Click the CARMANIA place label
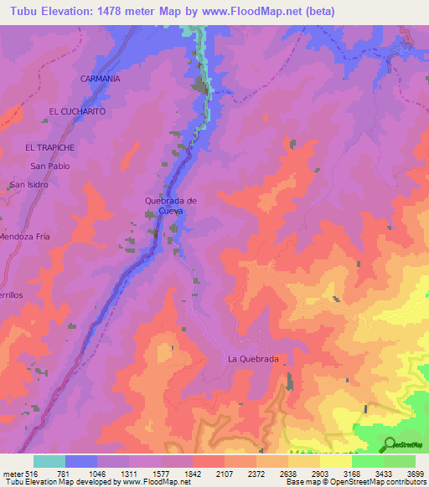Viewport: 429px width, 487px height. [101, 78]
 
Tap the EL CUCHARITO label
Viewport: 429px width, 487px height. [77, 110]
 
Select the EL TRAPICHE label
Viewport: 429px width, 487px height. [49, 147]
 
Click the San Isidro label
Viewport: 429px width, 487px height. [28, 184]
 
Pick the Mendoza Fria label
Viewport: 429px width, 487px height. [25, 237]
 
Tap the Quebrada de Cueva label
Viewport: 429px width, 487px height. [170, 206]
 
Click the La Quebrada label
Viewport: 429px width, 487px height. [253, 358]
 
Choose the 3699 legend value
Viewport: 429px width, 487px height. [414, 474]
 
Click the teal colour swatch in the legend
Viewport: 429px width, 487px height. [49, 461]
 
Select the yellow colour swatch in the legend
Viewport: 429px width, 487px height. [335, 461]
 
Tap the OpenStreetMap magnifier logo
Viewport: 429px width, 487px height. [390, 443]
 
